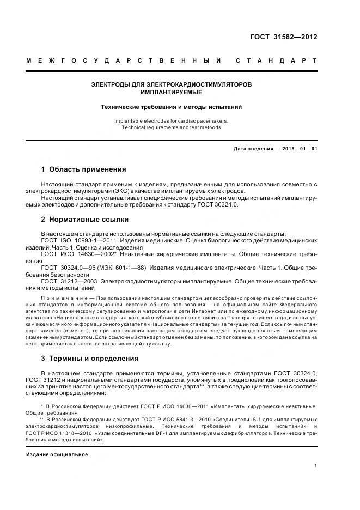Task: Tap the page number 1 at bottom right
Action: click(x=316, y=466)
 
